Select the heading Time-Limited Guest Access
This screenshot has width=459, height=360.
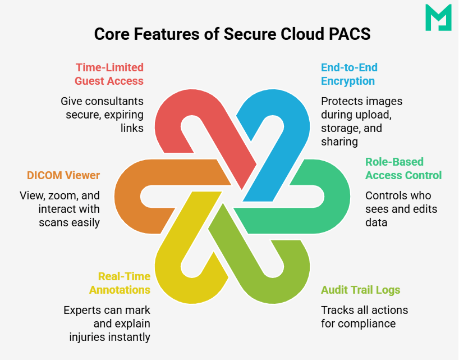click(x=109, y=74)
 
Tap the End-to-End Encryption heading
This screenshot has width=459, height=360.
click(x=348, y=74)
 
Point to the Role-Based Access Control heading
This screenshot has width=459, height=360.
click(x=403, y=168)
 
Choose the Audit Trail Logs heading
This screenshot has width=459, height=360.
click(x=360, y=290)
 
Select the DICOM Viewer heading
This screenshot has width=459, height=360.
click(x=63, y=175)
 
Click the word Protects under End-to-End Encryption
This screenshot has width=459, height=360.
click(x=341, y=102)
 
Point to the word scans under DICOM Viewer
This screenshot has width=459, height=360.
click(x=52, y=222)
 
